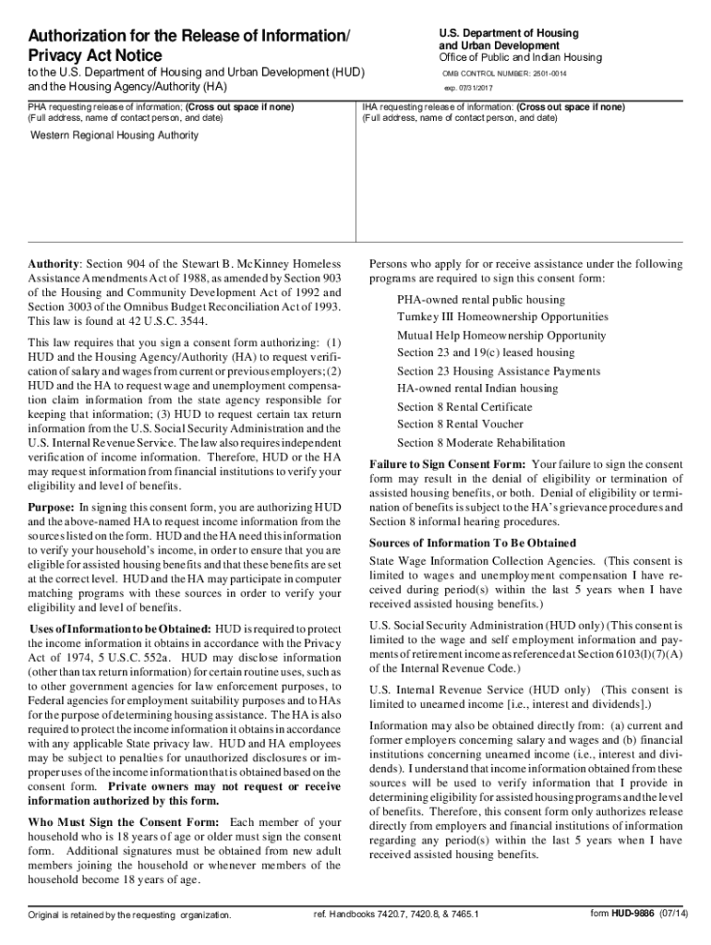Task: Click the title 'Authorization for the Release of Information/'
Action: (189, 37)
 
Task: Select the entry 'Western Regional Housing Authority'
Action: (115, 136)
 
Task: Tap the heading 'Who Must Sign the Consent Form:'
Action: (124, 822)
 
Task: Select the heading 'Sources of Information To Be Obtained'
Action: (472, 543)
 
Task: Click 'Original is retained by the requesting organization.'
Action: (129, 915)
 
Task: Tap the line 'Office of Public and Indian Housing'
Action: (520, 57)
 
